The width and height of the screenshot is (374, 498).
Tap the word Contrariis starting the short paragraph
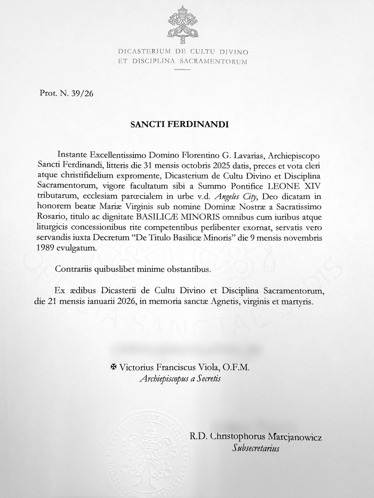point(75,268)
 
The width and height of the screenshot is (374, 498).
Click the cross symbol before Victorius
point(115,368)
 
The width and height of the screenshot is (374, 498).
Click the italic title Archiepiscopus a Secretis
point(180,379)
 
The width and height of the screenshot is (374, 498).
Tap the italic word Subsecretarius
point(256,448)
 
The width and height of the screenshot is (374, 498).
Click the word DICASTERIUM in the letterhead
point(145,52)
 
